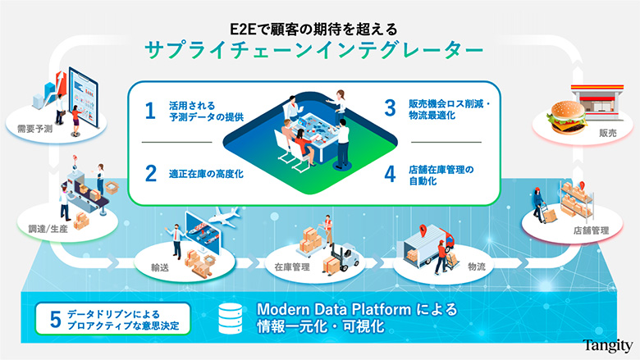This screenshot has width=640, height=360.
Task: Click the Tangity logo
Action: click(x=607, y=345)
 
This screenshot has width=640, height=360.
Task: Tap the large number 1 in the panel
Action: click(x=150, y=111)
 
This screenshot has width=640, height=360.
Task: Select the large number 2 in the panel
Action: click(x=151, y=173)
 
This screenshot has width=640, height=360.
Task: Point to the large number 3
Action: click(x=391, y=107)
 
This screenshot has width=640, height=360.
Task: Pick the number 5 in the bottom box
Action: click(x=56, y=319)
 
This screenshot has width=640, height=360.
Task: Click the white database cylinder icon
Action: click(x=231, y=318)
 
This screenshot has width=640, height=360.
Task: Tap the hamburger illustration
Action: click(x=566, y=117)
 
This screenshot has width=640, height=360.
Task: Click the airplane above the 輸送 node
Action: click(x=225, y=216)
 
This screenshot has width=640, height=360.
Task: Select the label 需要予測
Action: click(x=34, y=130)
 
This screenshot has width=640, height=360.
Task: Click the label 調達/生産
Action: click(x=48, y=229)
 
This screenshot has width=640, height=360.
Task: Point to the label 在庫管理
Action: click(x=292, y=267)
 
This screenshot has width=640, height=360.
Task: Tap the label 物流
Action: click(x=477, y=267)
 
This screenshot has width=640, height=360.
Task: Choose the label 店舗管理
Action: click(x=591, y=230)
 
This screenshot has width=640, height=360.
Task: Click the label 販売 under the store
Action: click(x=608, y=133)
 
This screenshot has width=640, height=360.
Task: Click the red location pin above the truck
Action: click(x=423, y=230)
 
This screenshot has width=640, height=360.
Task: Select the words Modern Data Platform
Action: click(x=334, y=309)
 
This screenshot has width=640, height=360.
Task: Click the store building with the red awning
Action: click(x=597, y=102)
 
